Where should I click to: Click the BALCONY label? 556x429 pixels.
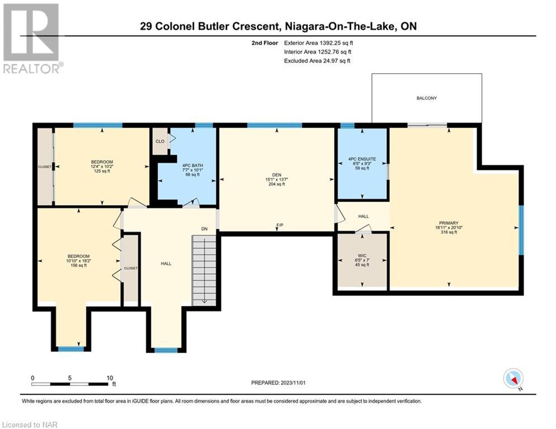click(426, 98)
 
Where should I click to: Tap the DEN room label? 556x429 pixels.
click(277, 175)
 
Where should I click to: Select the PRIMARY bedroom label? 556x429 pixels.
click(449, 223)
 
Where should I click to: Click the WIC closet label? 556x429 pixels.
click(362, 256)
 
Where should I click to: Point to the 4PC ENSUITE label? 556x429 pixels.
click(362, 159)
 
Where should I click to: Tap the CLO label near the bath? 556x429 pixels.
click(160, 141)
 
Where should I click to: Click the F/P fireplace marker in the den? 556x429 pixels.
click(280, 225)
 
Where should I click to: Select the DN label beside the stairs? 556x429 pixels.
click(205, 229)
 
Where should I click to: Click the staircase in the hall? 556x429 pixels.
click(205, 270)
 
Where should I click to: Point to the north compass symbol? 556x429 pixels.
click(513, 379)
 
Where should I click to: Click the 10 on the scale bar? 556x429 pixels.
click(110, 378)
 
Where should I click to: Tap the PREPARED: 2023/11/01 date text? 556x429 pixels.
click(278, 383)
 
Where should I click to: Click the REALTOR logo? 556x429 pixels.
click(32, 39)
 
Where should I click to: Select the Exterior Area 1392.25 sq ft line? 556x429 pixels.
click(319, 43)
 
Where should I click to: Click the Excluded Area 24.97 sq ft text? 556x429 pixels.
click(317, 61)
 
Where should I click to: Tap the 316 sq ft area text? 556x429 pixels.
click(449, 232)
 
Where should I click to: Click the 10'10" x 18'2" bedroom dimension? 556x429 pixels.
click(78, 261)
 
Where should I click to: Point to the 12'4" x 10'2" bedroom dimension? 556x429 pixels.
click(102, 166)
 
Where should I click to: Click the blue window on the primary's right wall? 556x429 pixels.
click(521, 230)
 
